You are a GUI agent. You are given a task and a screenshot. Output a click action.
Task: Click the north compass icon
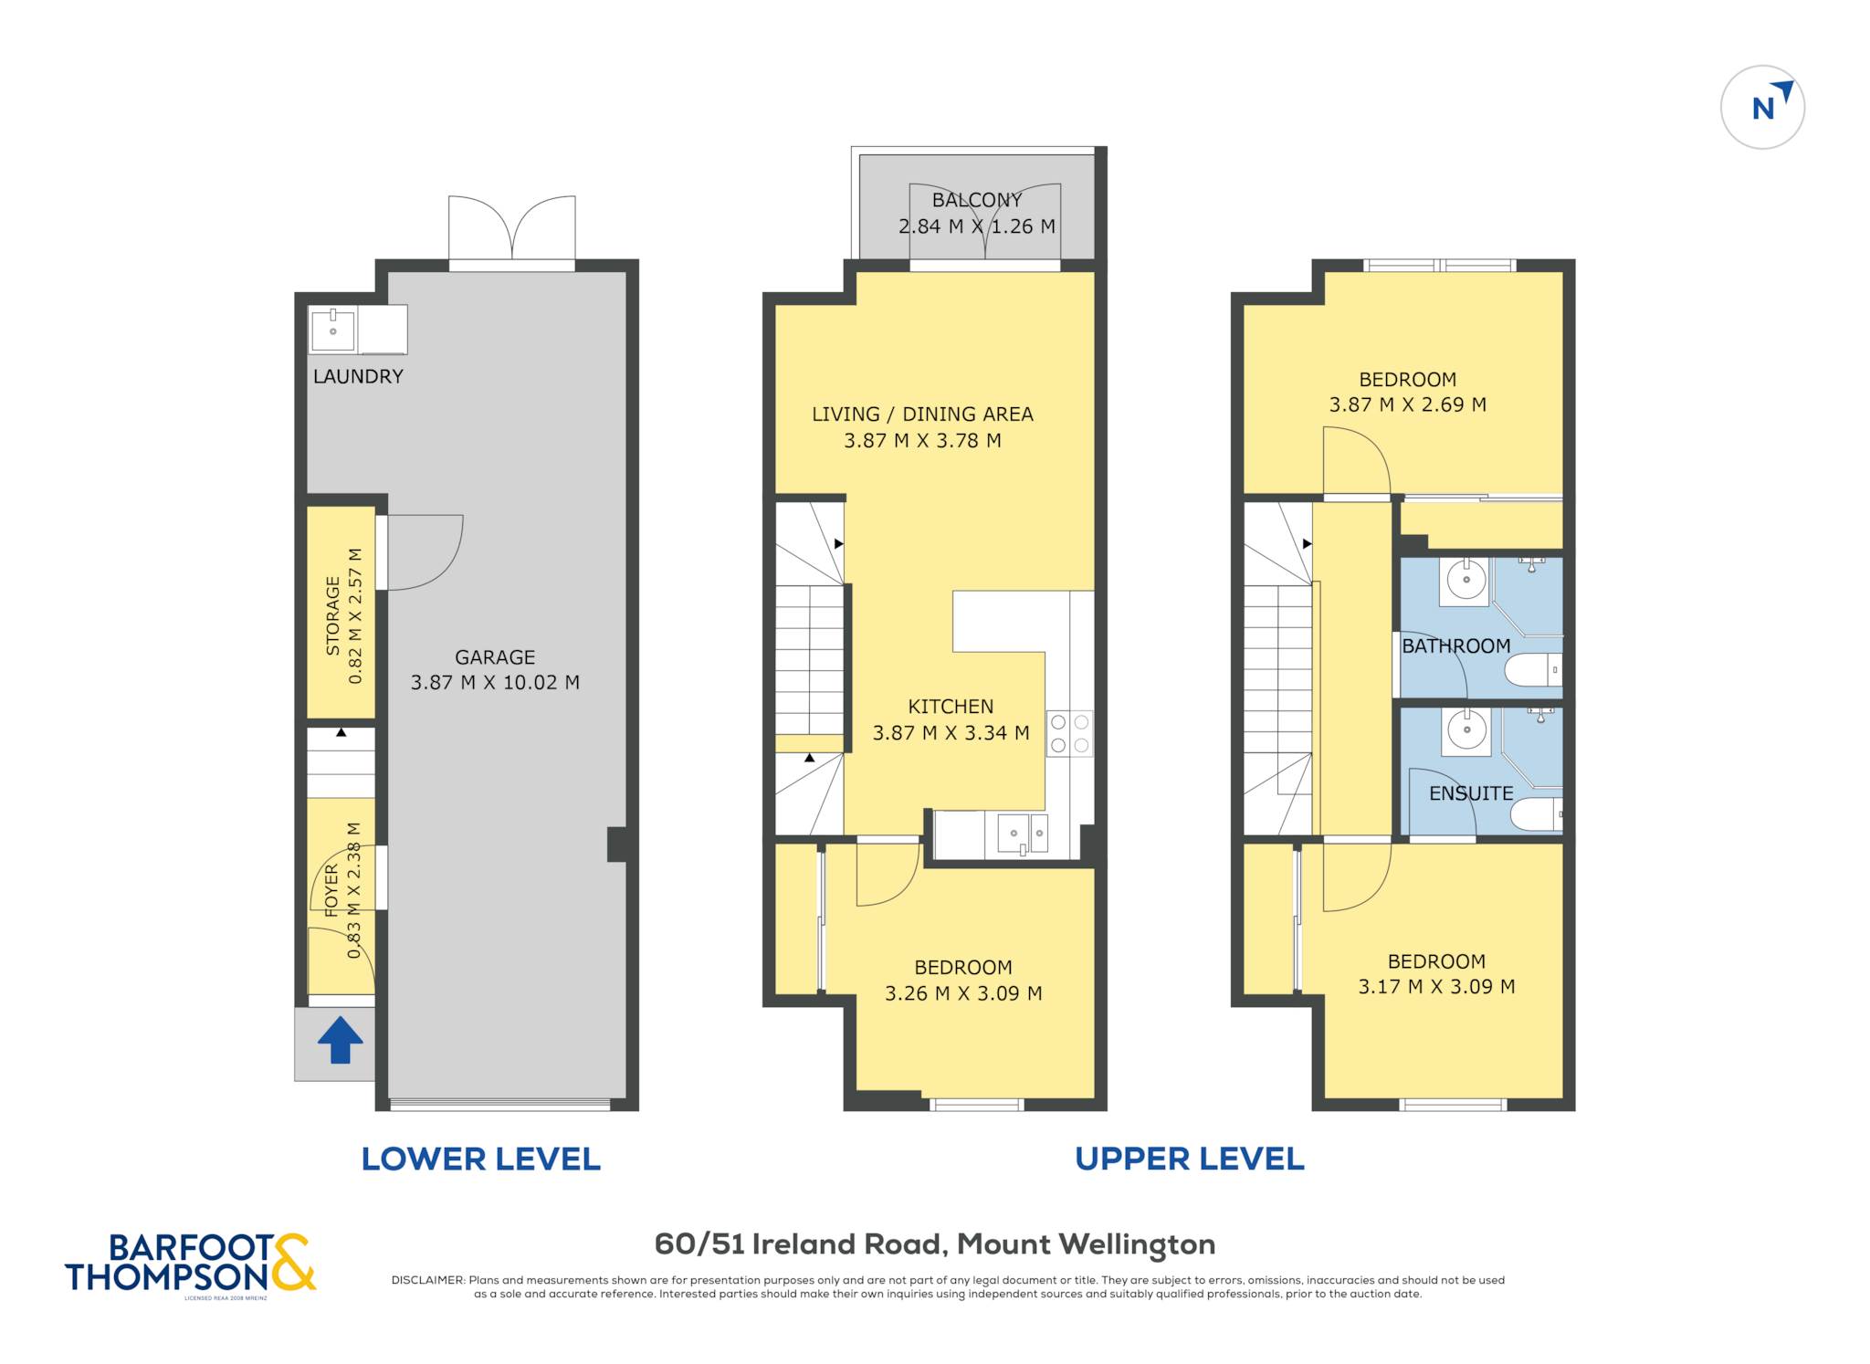(x=1762, y=107)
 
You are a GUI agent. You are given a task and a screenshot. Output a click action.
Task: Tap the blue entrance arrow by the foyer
(x=341, y=1040)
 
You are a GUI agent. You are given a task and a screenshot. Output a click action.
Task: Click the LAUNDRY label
(x=358, y=376)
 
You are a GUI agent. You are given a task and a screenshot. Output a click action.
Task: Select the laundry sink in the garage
(x=332, y=330)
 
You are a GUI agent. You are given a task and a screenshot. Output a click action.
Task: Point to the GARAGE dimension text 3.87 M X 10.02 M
(x=495, y=682)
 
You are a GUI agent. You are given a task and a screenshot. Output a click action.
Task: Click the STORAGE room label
(x=332, y=615)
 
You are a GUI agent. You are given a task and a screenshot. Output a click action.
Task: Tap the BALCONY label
(x=977, y=200)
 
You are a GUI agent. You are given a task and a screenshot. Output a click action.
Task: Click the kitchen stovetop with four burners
(x=1069, y=733)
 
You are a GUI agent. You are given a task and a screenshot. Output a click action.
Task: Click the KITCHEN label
(x=951, y=707)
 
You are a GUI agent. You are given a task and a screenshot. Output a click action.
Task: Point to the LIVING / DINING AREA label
(x=922, y=414)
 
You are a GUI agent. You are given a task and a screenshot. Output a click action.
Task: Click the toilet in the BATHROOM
(x=1533, y=670)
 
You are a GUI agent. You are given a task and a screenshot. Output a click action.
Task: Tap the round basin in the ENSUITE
(x=1466, y=731)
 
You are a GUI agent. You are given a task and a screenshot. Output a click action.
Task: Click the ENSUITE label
(x=1471, y=793)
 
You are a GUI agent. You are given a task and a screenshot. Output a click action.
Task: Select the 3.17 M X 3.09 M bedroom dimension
(x=1436, y=986)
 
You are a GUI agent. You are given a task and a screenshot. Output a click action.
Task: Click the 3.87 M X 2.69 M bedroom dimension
(x=1407, y=404)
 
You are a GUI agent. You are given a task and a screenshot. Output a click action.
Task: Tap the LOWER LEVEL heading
(x=481, y=1159)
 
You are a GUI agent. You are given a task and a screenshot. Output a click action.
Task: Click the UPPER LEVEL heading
(x=1190, y=1159)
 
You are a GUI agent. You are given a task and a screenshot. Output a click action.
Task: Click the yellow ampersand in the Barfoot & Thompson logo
(x=292, y=1262)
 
